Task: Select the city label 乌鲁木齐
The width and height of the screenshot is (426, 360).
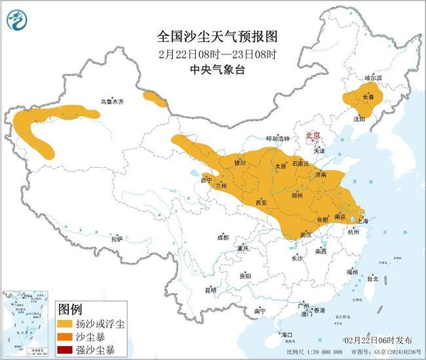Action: (x=111, y=102)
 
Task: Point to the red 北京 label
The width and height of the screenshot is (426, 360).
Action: (x=313, y=136)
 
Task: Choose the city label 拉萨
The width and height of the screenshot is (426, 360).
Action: (x=117, y=239)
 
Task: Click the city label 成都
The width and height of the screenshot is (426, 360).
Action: (x=222, y=237)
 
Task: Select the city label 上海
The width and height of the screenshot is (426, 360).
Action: (x=363, y=222)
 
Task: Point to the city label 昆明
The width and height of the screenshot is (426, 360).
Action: (x=210, y=289)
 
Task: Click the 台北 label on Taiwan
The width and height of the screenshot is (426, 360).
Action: (x=372, y=278)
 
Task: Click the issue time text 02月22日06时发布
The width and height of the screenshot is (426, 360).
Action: (x=379, y=340)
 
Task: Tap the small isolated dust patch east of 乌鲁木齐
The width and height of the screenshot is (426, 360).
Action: (x=155, y=100)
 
